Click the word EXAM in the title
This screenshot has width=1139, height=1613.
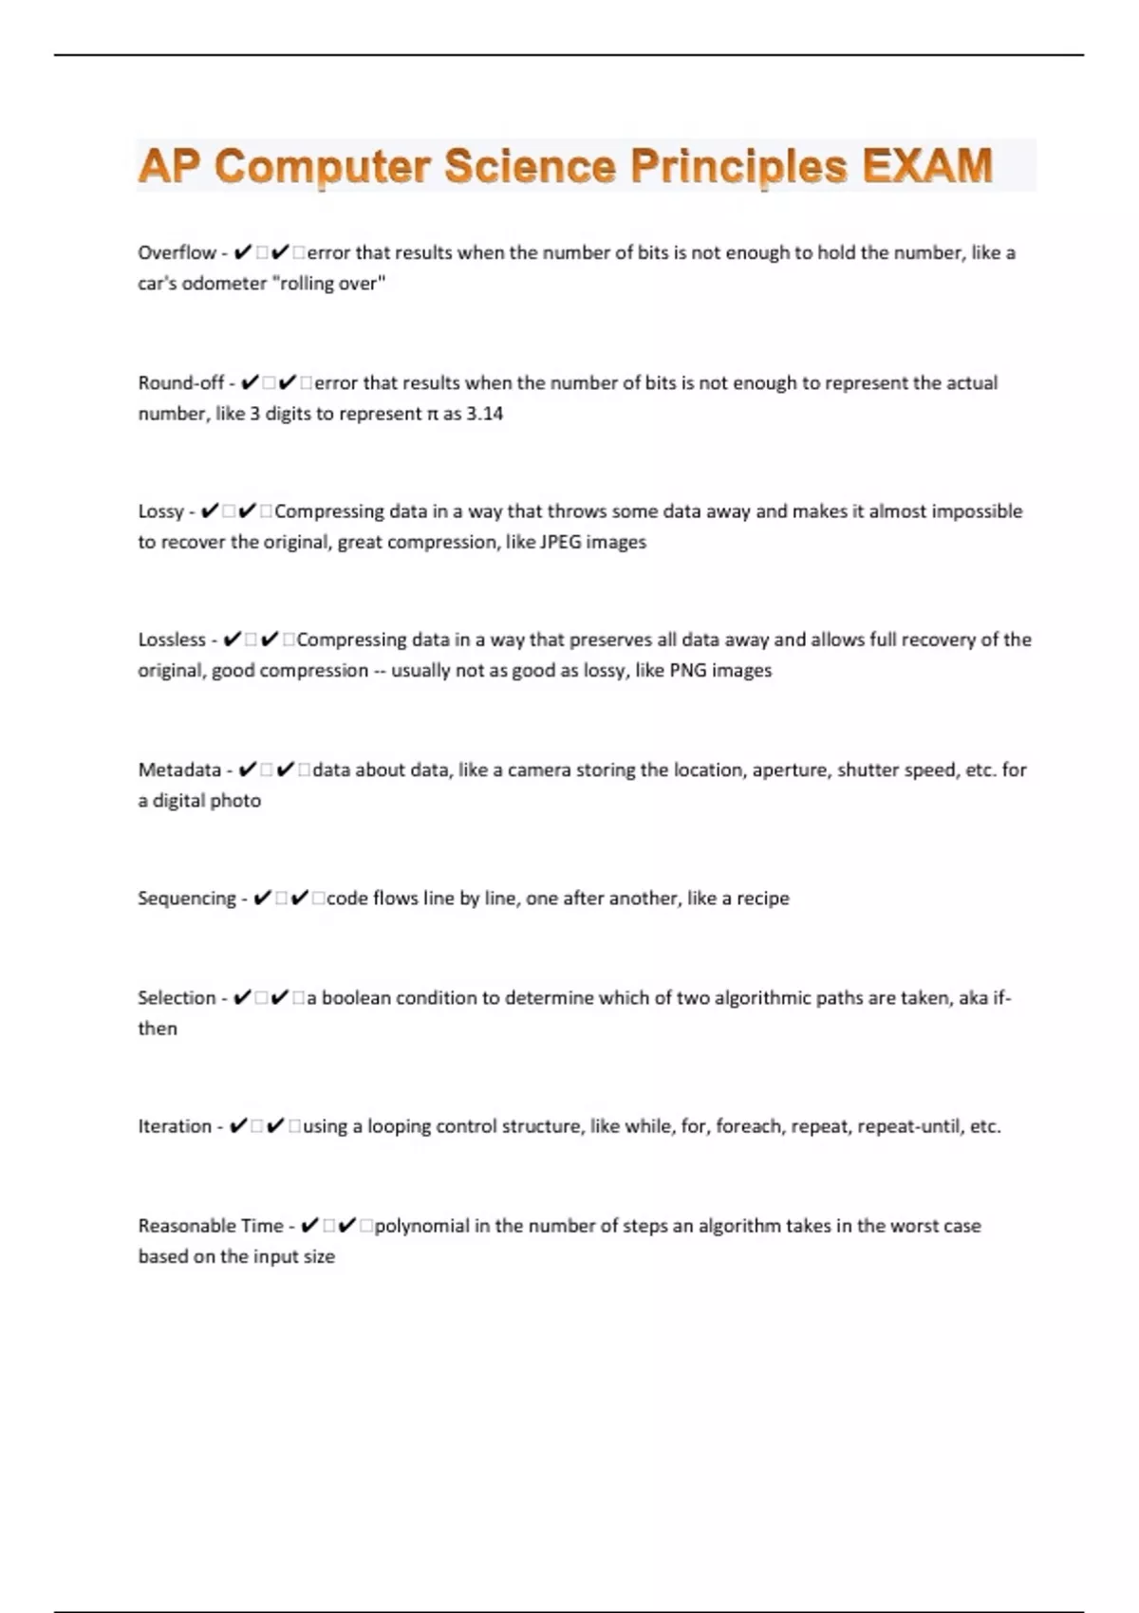pyautogui.click(x=927, y=166)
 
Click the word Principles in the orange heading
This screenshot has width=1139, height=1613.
pyautogui.click(x=738, y=166)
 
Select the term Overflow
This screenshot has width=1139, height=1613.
pyautogui.click(x=177, y=253)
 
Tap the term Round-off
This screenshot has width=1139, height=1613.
pyautogui.click(x=180, y=383)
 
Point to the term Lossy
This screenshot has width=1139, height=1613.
pyautogui.click(x=160, y=511)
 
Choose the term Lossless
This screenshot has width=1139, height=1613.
pyautogui.click(x=172, y=640)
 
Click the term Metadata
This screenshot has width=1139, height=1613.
pyautogui.click(x=179, y=770)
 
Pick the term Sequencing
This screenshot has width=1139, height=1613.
pyautogui.click(x=186, y=899)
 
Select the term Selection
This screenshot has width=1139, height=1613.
pyautogui.click(x=177, y=998)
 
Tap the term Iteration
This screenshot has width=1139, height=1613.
pyautogui.click(x=175, y=1127)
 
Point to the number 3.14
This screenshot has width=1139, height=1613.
pyautogui.click(x=484, y=414)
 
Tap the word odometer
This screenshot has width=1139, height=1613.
pyautogui.click(x=223, y=284)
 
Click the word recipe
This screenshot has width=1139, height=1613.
pyautogui.click(x=762, y=899)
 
